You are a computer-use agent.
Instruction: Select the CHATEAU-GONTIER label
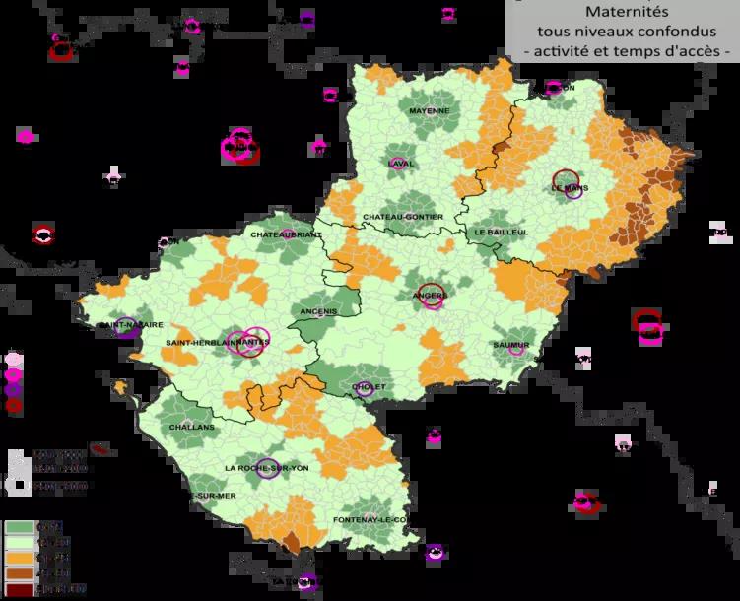[403, 217]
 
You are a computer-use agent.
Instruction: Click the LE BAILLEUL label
[502, 233]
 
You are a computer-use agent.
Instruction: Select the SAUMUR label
[511, 344]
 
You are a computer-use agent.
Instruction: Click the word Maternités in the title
[624, 13]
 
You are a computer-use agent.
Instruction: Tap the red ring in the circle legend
[14, 405]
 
